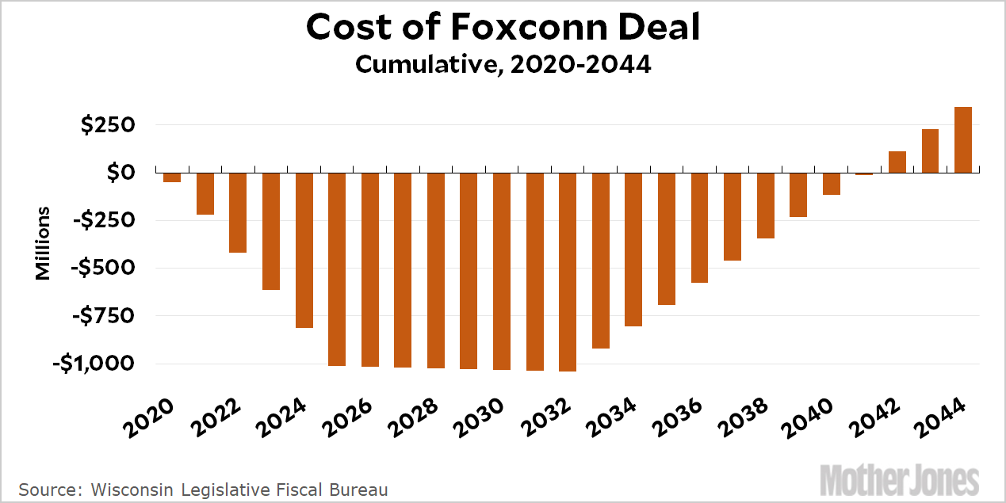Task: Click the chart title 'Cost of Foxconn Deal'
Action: point(503,28)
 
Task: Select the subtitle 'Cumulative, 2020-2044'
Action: point(503,64)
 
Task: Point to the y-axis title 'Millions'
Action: point(43,243)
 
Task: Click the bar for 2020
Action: point(172,177)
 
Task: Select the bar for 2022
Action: point(238,212)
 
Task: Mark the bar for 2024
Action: point(304,250)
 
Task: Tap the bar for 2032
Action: point(568,271)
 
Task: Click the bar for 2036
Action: point(699,227)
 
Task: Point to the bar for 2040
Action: point(831,184)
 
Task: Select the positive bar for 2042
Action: point(897,162)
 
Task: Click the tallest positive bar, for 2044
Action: point(962,139)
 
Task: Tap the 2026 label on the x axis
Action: point(354,417)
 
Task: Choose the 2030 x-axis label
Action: point(486,417)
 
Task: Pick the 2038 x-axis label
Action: point(749,417)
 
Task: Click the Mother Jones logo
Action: point(900,481)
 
